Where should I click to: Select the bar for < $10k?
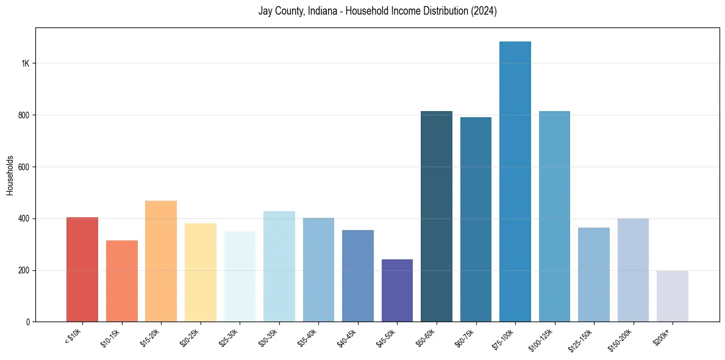click(82, 269)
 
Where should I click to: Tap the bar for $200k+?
click(673, 296)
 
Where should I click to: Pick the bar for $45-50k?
click(397, 290)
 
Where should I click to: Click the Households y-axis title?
click(10, 175)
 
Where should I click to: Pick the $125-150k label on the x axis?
click(580, 339)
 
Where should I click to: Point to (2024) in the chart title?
click(484, 11)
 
